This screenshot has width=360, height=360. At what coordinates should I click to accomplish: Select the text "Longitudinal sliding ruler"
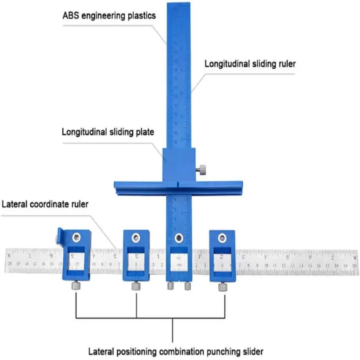click(x=250, y=64)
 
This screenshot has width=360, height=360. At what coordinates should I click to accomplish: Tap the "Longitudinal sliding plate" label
click(x=108, y=132)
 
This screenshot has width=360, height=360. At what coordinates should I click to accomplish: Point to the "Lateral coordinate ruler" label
click(x=45, y=204)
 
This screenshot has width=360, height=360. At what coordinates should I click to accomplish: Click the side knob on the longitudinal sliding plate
click(x=202, y=168)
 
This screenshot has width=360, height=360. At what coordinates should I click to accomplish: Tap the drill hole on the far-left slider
click(x=76, y=237)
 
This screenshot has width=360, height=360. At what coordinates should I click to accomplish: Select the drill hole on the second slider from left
click(x=135, y=237)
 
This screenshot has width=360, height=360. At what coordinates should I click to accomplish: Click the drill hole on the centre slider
click(x=178, y=238)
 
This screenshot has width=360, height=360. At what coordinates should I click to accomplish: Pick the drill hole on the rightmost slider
click(x=222, y=237)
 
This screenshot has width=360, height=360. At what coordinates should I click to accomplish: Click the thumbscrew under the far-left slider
click(x=76, y=285)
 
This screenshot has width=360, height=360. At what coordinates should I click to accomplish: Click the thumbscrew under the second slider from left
click(x=136, y=286)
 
